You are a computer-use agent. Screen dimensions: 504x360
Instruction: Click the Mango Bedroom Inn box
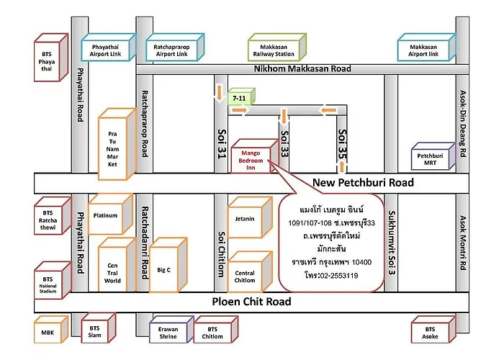tap(255, 156)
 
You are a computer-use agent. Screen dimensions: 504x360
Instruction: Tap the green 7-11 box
tap(241, 96)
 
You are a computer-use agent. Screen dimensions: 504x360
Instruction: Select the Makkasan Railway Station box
tap(276, 48)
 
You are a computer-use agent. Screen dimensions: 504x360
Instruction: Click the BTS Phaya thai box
tap(51, 58)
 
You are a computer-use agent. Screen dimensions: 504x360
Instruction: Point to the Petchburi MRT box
tap(433, 156)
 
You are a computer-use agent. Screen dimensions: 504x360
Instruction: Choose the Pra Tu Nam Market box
tap(117, 144)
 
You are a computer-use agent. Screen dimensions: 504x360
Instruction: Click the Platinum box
tap(110, 214)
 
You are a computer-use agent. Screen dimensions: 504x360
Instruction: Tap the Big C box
tap(168, 265)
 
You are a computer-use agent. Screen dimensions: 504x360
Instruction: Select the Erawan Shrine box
tap(171, 330)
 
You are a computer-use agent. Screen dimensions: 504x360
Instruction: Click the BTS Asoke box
tap(433, 330)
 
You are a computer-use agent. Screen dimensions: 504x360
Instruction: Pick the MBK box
tap(51, 330)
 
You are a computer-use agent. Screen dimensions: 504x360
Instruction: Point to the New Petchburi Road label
tap(363, 183)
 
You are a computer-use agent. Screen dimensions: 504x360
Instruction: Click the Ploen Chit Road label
tap(251, 302)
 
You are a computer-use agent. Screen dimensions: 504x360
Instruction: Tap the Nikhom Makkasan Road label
tap(302, 68)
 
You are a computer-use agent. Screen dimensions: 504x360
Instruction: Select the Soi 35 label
tap(343, 144)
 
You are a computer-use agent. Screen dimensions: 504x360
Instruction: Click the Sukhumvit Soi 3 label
tap(392, 243)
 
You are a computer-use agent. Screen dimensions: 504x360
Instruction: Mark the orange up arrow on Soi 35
tap(342, 166)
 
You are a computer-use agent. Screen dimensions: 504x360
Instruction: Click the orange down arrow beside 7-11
tap(219, 93)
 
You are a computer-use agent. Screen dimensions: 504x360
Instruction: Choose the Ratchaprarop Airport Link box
tap(174, 48)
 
